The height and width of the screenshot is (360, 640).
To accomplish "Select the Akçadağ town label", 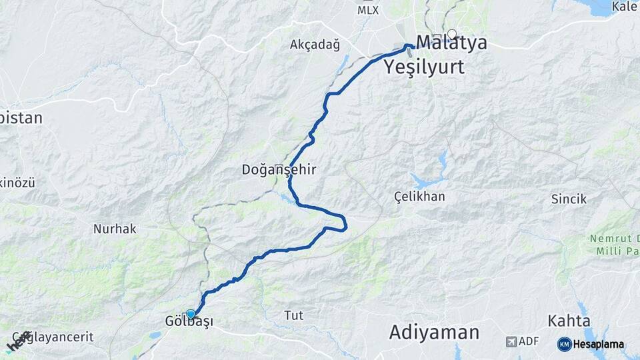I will click(x=315, y=45).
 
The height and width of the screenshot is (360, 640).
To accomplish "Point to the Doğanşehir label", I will click(x=279, y=170).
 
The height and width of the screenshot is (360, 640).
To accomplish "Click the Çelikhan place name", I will click(x=419, y=197).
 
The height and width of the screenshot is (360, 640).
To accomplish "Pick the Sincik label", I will click(x=569, y=199).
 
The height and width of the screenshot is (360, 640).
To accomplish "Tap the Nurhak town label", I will click(x=115, y=229).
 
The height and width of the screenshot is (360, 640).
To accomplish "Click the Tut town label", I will click(x=293, y=315).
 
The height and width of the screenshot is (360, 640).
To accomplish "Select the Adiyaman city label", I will click(x=434, y=332).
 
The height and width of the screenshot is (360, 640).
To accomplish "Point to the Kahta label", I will click(x=569, y=321).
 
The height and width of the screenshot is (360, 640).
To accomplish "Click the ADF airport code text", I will click(x=529, y=341).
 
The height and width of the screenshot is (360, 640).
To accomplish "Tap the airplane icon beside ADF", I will click(x=511, y=341).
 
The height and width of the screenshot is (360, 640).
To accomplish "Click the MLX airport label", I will click(x=367, y=10).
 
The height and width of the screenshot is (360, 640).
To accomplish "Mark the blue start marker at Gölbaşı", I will click(x=191, y=313).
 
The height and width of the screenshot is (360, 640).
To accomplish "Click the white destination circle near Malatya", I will click(x=452, y=34).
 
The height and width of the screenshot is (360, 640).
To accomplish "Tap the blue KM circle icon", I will click(x=564, y=345).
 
